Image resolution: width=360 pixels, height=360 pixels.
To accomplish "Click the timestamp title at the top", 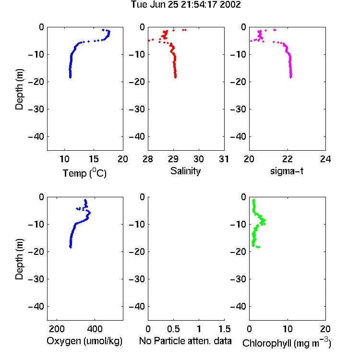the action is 186,4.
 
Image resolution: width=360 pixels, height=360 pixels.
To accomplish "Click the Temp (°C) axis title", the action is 84,173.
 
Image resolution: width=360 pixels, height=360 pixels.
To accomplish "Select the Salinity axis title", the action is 185,171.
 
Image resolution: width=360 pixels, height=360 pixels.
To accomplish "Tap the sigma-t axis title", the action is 287,171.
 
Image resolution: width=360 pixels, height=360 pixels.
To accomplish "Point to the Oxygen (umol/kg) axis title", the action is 84,341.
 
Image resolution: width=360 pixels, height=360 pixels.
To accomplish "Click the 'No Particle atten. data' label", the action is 185,341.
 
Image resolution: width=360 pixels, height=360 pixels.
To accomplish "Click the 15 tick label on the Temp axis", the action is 94,159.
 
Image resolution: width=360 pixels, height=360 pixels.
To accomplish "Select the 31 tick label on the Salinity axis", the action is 224,159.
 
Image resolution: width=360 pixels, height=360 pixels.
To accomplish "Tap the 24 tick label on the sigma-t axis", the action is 325,159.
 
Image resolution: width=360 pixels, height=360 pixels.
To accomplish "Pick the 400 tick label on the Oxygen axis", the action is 95,329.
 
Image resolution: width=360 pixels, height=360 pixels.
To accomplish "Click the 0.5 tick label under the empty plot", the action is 173,329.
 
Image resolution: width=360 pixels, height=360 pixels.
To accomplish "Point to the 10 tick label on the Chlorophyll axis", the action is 288,329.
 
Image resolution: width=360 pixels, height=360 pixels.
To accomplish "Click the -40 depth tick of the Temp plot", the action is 36,137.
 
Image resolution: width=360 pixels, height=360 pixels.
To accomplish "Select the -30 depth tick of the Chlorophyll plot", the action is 238,279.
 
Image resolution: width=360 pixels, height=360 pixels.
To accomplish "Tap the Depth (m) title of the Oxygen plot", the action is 19,259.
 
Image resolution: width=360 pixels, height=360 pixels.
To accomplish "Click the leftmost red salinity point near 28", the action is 149,40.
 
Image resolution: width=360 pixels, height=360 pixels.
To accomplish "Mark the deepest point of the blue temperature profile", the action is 70,77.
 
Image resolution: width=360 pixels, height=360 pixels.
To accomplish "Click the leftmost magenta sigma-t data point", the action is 251,41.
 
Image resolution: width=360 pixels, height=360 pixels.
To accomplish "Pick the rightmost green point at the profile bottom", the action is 259,247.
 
